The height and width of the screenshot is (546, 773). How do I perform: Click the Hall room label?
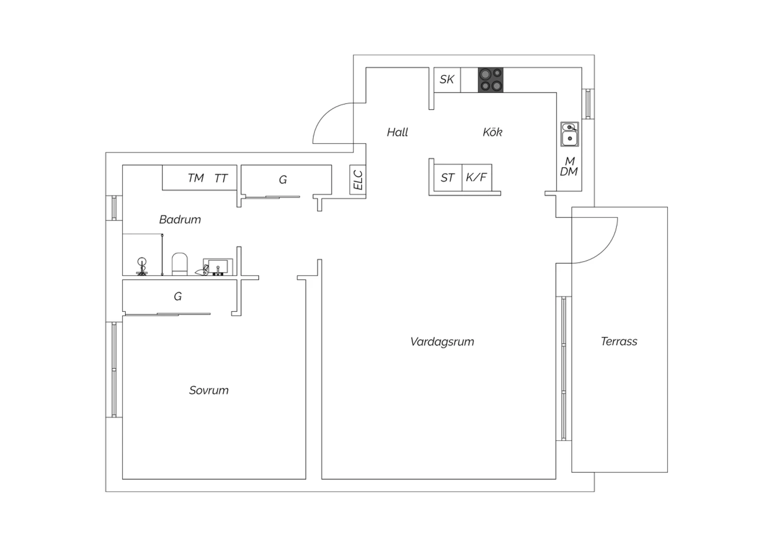point(397,132)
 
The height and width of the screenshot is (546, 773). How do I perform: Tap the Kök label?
point(493,132)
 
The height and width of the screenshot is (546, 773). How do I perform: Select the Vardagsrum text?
point(442,342)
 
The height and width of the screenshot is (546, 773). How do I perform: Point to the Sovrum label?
point(209,390)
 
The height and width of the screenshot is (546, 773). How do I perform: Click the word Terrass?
point(619,341)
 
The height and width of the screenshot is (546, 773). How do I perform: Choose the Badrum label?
point(180,219)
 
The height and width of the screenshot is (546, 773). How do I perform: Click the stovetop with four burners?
point(491,80)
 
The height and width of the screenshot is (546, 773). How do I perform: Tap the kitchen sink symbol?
point(569,134)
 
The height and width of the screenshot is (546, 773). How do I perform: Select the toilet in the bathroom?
point(179,264)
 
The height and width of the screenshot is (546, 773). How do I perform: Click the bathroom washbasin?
point(218,267)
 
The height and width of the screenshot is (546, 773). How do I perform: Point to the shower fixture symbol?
point(142,266)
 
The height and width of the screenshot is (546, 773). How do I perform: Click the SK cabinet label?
point(447,79)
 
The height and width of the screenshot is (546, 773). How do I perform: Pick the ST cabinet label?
point(447,178)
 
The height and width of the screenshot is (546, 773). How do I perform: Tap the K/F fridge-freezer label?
point(476,177)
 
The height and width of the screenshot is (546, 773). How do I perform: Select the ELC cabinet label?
point(358,180)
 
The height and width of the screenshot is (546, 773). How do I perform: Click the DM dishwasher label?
point(569,172)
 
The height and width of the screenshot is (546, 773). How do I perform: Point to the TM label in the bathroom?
point(196,178)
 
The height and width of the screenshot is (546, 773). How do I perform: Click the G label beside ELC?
point(282,180)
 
